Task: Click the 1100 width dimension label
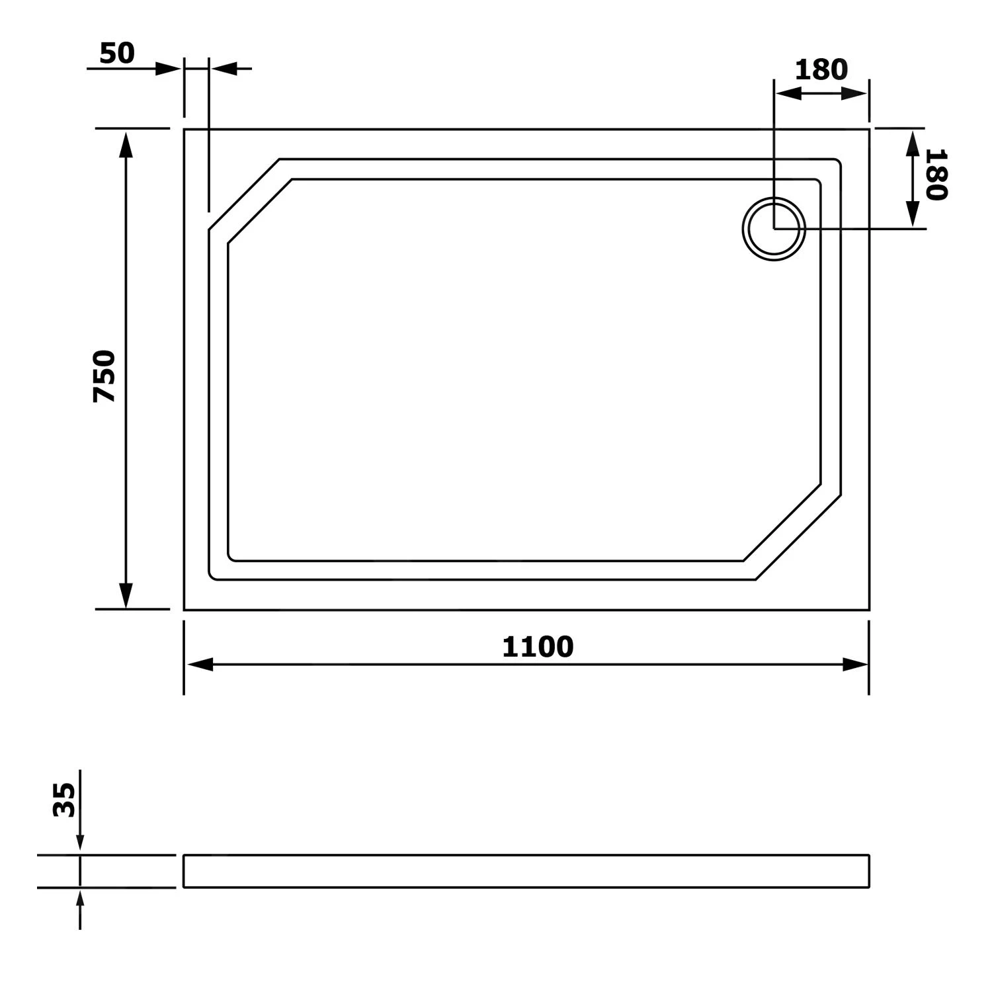coord(537,647)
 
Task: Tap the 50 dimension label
coord(117,54)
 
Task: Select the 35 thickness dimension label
coord(64,800)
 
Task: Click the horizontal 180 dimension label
coord(821,69)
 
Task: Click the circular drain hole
coord(774,229)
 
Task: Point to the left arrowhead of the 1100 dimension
coord(198,665)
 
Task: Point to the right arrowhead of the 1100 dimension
coord(854,665)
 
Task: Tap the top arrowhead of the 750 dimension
coord(126,144)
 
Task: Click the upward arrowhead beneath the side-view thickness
coord(80,899)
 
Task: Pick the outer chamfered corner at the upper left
coord(243,194)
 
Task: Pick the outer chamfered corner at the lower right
coord(798,537)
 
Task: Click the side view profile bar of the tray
coord(526,871)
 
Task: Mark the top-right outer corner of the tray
coord(868,130)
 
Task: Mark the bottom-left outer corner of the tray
coord(185,609)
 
